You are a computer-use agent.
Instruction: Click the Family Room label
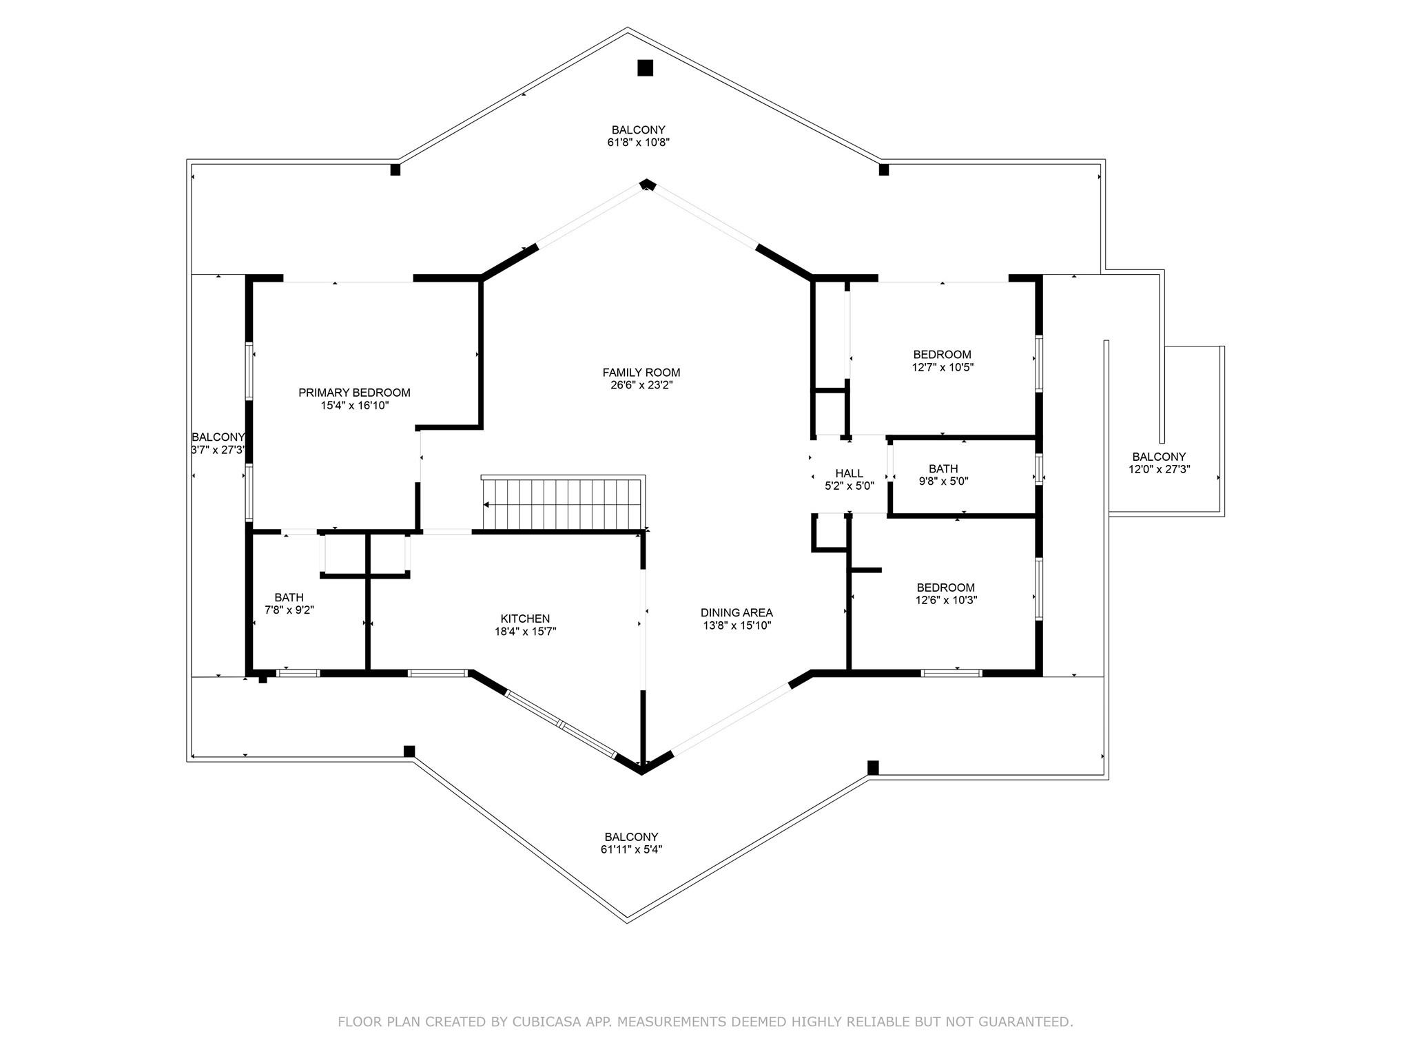pyautogui.click(x=641, y=373)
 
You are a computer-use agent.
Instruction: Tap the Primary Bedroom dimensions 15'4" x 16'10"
pyautogui.click(x=354, y=406)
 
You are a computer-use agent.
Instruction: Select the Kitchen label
pyautogui.click(x=525, y=619)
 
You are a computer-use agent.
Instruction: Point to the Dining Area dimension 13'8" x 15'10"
pyautogui.click(x=737, y=625)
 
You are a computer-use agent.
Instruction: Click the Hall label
pyautogui.click(x=849, y=473)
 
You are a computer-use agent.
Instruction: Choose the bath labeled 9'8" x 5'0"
pyautogui.click(x=943, y=475)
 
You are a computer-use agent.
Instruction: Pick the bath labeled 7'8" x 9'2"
pyautogui.click(x=289, y=603)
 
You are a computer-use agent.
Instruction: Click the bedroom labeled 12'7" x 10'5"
pyautogui.click(x=942, y=361)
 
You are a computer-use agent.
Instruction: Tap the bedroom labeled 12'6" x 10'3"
pyautogui.click(x=945, y=594)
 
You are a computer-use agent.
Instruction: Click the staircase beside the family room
pyautogui.click(x=564, y=504)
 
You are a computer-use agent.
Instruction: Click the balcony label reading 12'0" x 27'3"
pyautogui.click(x=1159, y=463)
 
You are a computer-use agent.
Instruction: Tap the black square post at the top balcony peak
pyautogui.click(x=645, y=68)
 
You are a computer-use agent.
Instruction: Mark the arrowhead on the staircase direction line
pyautogui.click(x=486, y=505)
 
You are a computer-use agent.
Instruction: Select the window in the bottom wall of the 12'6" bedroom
pyautogui.click(x=951, y=672)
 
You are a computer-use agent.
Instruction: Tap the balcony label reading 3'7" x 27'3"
pyautogui.click(x=218, y=444)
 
